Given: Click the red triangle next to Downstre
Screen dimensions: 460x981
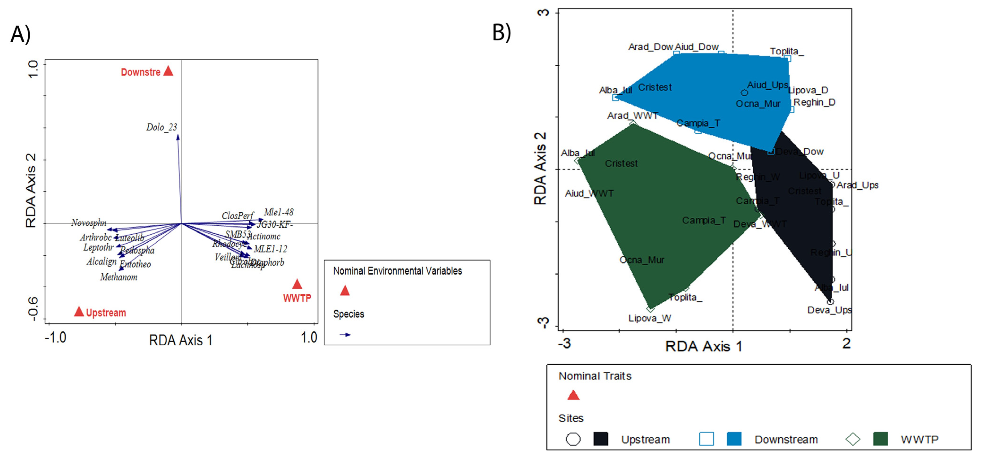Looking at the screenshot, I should pos(168,71).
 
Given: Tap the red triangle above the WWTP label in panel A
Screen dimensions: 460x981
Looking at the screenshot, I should pos(297,284).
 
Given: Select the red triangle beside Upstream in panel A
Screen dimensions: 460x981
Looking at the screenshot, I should pos(79,312).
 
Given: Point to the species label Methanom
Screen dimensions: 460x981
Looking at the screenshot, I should pos(119,277).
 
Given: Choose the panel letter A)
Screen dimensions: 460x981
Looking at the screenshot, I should pos(21,34).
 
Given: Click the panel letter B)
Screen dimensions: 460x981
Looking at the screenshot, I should pos(502,32).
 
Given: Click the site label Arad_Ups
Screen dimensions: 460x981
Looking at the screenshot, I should pos(857,185).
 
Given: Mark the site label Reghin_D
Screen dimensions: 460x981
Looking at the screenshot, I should pos(814,102).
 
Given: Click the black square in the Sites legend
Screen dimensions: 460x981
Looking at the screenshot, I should pos(601,439).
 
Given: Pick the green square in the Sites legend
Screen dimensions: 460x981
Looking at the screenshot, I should pos(880,439).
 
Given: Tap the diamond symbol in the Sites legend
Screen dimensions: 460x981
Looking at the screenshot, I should pos(853,439).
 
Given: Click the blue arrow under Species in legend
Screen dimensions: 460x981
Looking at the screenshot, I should pos(345,335).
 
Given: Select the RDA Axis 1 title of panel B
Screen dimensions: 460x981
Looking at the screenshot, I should pos(703,346).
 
